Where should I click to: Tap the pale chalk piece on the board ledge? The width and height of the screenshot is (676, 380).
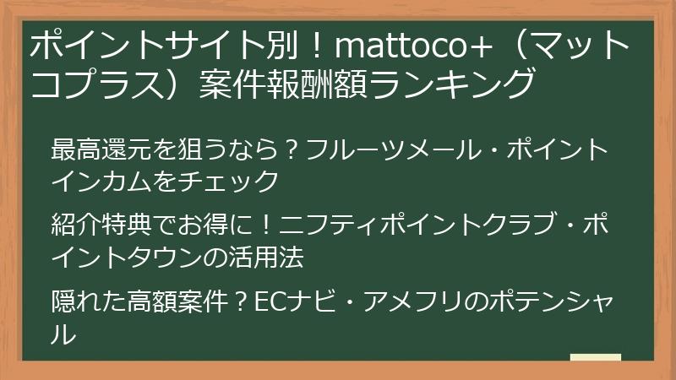596,357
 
